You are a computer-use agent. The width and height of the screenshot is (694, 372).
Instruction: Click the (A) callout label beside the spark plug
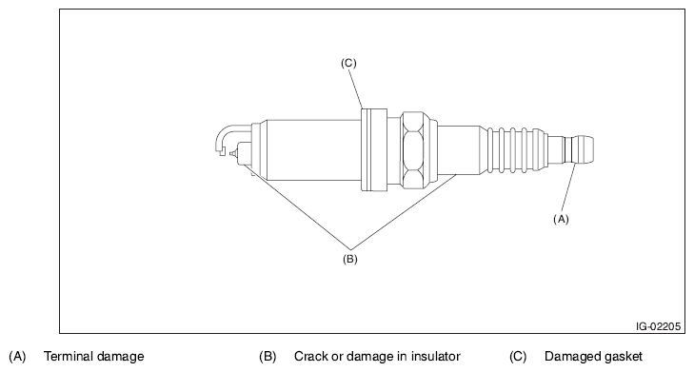click(x=561, y=219)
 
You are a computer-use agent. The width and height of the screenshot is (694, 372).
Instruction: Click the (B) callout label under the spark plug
click(x=349, y=259)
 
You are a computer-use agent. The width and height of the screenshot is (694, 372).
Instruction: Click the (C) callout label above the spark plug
click(x=348, y=63)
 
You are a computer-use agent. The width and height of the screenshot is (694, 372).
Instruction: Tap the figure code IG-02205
click(x=658, y=326)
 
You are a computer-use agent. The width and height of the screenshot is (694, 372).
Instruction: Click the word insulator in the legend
click(x=435, y=356)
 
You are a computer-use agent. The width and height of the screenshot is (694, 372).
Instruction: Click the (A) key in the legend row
click(x=17, y=356)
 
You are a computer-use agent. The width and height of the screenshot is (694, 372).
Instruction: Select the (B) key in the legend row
click(x=268, y=356)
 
